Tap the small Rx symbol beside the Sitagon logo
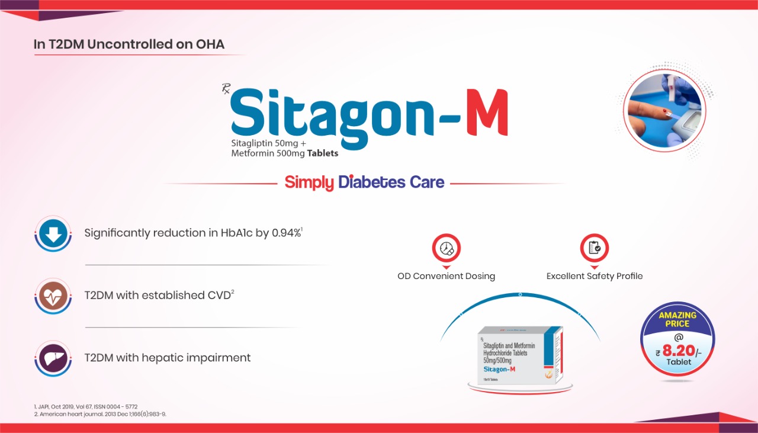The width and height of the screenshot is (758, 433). pos(226,89)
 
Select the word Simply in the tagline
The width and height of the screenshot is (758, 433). pos(309,182)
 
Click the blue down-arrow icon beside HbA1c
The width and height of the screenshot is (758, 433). pos(53,234)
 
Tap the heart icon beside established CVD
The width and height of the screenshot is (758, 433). pos(53,296)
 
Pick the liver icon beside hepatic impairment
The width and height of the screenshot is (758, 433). pos(53,358)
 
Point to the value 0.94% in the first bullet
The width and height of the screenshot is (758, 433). pos(287,233)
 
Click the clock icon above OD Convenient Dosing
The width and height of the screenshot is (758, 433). pos(446,249)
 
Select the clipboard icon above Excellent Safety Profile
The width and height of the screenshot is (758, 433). pos(594,249)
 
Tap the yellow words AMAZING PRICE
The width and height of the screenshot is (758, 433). pos(677,320)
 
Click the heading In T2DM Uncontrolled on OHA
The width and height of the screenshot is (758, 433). pos(129,44)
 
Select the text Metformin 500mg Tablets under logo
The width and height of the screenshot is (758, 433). pos(285,153)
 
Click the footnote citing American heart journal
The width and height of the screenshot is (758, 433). pos(100,414)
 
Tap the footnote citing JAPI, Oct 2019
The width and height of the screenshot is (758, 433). pos(86,407)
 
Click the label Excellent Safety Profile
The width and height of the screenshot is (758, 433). pos(594,276)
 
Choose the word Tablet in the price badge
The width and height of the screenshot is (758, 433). pos(679,362)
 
